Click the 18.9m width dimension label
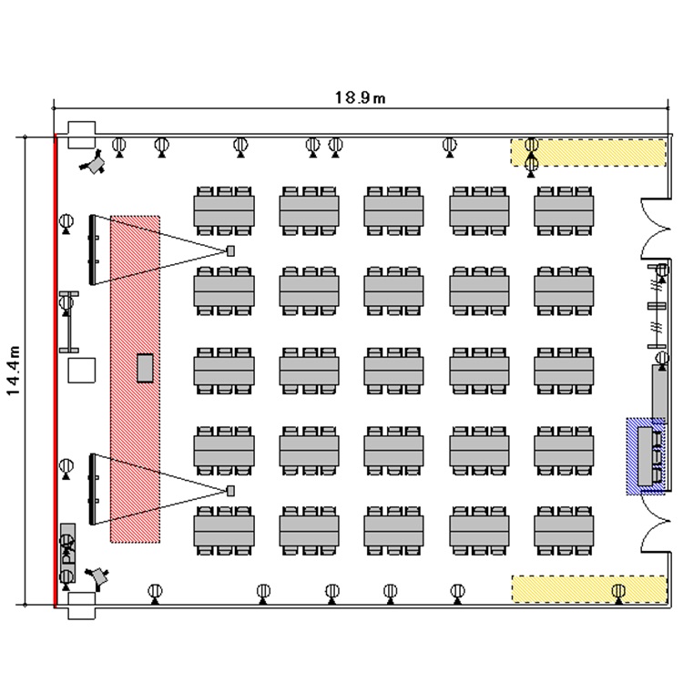pos(361,97)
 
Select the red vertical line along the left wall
pos(56,364)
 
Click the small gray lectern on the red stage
pos(145,366)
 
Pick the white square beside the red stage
pos(82,371)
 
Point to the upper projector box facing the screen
pos(231,250)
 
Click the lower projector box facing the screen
pos(231,492)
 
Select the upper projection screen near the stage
pos(93,248)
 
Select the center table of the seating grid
pos(394,371)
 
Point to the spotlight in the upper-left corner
pos(94,164)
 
